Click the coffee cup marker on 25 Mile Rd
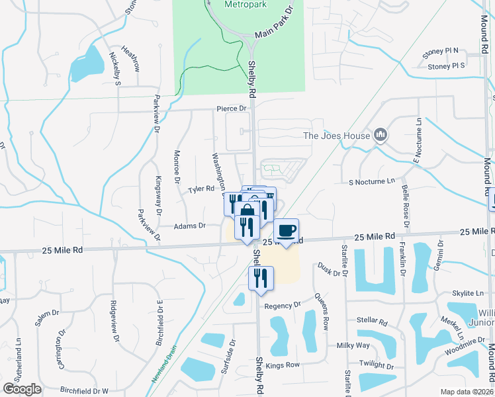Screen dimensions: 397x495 tap(286, 231)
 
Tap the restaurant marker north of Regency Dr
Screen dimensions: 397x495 tap(261, 278)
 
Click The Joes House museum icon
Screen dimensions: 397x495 tap(380, 136)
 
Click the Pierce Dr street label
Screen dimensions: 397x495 tap(231, 108)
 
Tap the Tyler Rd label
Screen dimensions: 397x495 tap(201, 189)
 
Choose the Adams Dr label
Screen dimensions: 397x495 tap(190, 226)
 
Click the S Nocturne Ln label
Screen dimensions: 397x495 tap(372, 181)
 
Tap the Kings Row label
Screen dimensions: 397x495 tap(283, 365)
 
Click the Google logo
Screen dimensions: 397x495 tap(22, 389)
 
